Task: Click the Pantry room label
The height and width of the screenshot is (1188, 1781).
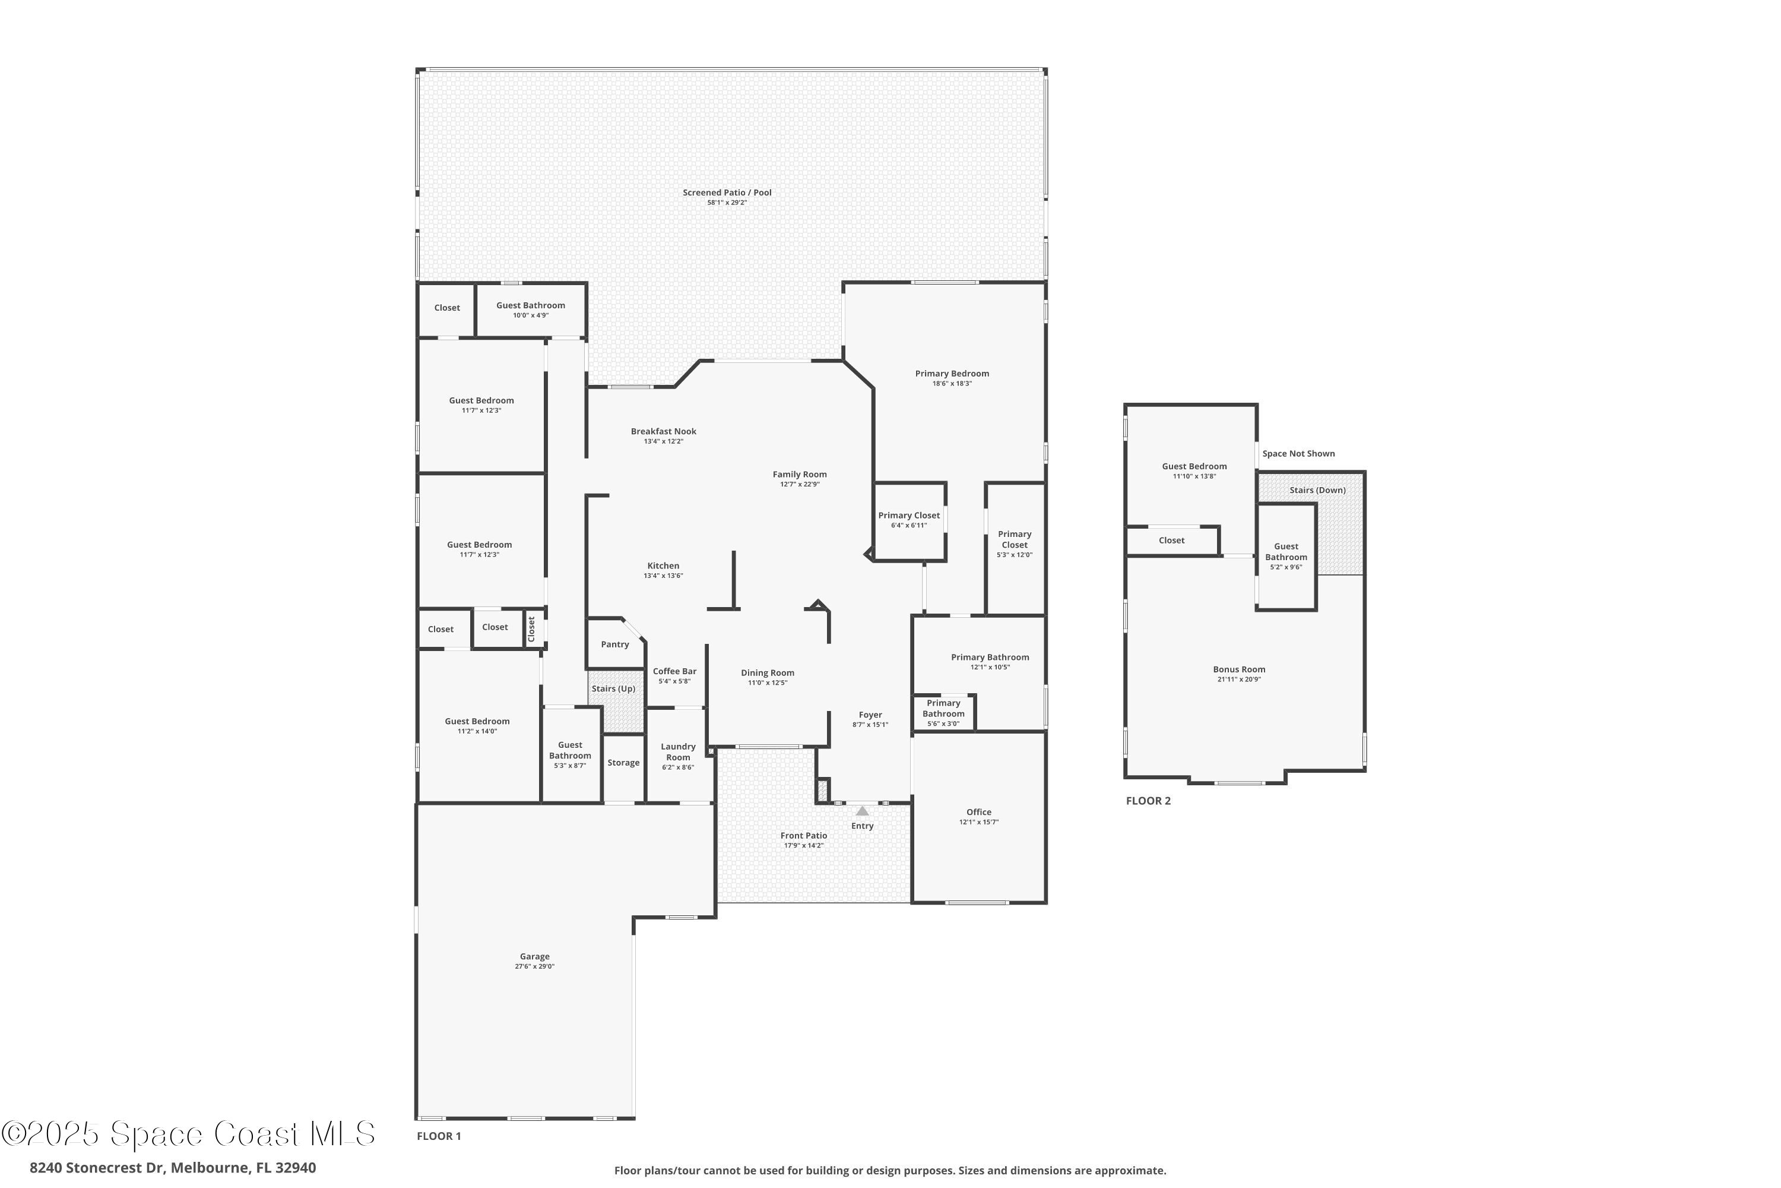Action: (x=615, y=644)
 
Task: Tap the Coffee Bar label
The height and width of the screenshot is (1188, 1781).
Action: (x=674, y=671)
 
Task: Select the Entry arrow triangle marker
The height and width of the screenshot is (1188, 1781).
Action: (x=862, y=811)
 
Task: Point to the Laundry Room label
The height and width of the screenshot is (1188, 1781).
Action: (x=678, y=751)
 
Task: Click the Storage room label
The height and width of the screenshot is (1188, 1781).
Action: (x=623, y=763)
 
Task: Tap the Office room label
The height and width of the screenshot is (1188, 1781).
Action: (x=978, y=812)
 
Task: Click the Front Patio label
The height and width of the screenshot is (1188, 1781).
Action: (x=803, y=836)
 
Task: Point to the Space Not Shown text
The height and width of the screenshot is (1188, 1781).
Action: (x=1298, y=454)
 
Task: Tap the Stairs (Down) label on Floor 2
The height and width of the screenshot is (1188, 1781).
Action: (x=1317, y=490)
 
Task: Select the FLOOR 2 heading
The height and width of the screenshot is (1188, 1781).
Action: (x=1148, y=801)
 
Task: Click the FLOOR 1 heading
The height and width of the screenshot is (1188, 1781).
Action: (x=439, y=1136)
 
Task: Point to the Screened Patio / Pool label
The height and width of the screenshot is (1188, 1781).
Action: (x=727, y=192)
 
